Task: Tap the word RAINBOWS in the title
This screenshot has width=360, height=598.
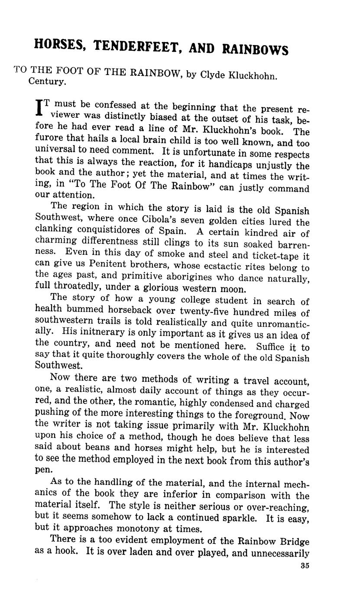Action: tap(255, 49)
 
